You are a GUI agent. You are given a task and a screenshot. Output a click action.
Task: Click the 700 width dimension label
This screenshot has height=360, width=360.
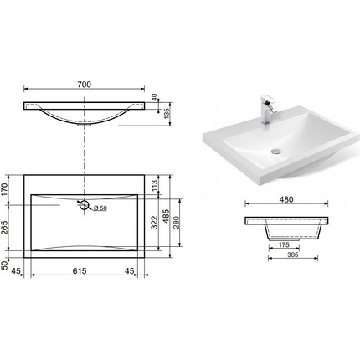(x=85, y=84)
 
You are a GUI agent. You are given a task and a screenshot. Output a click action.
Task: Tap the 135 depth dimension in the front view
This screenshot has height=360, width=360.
(x=167, y=114)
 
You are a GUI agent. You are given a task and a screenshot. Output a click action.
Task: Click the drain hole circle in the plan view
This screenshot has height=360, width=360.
(x=84, y=205)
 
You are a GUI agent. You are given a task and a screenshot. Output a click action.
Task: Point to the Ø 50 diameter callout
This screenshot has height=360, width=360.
(x=100, y=208)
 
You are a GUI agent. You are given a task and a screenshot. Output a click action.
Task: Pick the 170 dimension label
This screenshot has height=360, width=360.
(x=5, y=189)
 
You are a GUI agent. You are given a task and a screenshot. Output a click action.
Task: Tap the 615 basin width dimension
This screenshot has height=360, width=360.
(x=80, y=270)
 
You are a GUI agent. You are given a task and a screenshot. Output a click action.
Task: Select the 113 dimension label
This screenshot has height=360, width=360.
(x=155, y=185)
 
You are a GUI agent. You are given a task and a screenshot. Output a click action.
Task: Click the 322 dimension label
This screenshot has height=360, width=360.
(x=154, y=222)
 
